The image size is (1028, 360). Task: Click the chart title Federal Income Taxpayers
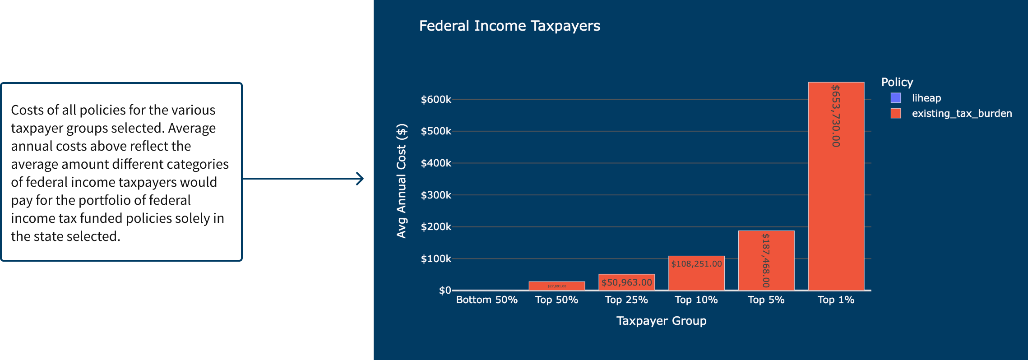click(x=509, y=26)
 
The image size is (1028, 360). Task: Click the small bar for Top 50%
click(x=556, y=286)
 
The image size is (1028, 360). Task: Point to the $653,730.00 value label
click(x=836, y=116)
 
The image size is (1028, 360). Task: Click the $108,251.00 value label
click(x=696, y=264)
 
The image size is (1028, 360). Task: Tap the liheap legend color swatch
click(x=896, y=98)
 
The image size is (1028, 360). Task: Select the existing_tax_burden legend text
click(x=962, y=113)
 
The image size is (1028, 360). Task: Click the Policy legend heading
click(x=897, y=82)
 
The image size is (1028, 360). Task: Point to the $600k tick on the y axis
click(x=435, y=99)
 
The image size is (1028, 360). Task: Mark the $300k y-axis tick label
click(x=435, y=195)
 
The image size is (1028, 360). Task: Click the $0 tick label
click(x=445, y=290)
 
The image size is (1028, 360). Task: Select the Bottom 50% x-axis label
click(x=486, y=300)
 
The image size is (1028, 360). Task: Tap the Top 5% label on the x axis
click(x=766, y=300)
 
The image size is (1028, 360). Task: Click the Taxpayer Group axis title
click(x=661, y=321)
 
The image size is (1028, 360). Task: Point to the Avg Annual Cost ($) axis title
click(x=401, y=180)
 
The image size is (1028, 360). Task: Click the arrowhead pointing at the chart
click(x=360, y=179)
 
